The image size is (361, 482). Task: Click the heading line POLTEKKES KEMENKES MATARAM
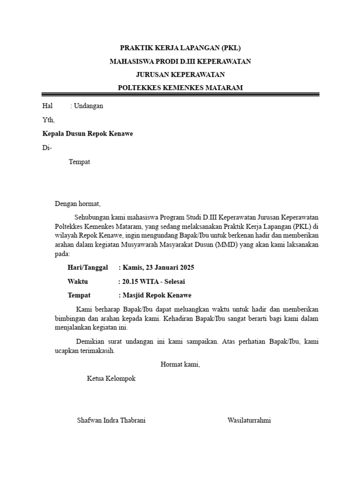180,88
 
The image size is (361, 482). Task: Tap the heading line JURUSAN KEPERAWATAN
180,74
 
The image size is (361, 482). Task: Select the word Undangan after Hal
88,106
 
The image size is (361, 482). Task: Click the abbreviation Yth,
48,120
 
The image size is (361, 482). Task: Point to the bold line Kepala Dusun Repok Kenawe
87,134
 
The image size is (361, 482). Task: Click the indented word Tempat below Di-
79,162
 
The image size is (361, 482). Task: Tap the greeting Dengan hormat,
78,204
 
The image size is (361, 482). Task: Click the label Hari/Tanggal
88,268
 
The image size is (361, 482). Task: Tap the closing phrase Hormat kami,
180,364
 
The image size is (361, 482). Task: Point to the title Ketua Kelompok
111,378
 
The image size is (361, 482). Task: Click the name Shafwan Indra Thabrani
111,420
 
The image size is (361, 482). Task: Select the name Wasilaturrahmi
249,420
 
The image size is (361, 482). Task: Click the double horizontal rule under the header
180,95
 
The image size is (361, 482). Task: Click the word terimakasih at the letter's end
96,351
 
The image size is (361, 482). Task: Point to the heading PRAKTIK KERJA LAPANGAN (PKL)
180,48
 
